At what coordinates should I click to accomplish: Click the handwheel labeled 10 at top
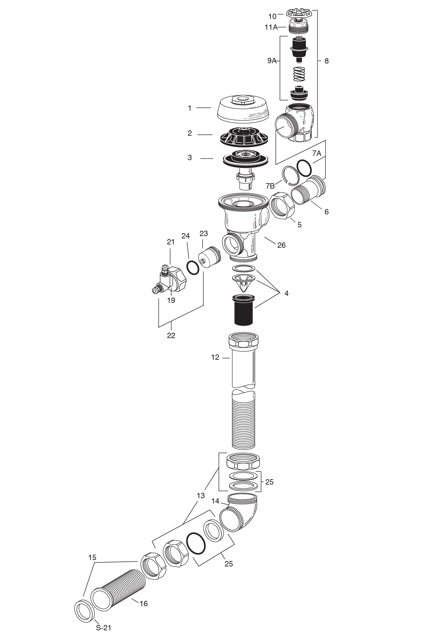pos(299,14)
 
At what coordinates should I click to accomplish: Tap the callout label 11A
pos(271,27)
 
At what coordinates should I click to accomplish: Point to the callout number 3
pos(190,158)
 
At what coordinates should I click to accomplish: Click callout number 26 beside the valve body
pos(282,245)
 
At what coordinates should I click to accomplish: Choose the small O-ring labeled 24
pos(192,267)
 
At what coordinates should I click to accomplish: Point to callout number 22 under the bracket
pos(171,335)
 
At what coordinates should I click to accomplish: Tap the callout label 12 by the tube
pos(215,357)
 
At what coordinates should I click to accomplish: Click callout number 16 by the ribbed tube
pos(143,604)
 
